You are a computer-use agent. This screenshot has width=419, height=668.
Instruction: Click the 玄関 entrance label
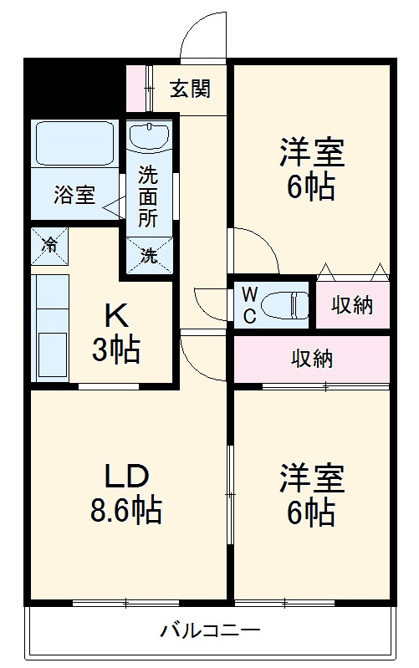pos(190,89)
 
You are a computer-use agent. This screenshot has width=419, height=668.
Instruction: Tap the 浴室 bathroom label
pos(74,195)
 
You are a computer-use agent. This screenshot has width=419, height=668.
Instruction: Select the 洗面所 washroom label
pos(148,196)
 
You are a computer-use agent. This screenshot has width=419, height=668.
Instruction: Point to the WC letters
pos(248,305)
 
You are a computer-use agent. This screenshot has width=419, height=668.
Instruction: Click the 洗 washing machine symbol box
pos(148,255)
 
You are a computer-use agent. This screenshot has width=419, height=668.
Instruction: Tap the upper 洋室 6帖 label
pos(311,170)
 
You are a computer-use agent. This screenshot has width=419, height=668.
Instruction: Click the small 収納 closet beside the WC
pos(351,305)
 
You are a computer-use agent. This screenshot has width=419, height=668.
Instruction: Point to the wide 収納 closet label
pos(312,359)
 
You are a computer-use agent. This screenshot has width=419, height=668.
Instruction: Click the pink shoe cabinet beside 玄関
pos(135,87)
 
